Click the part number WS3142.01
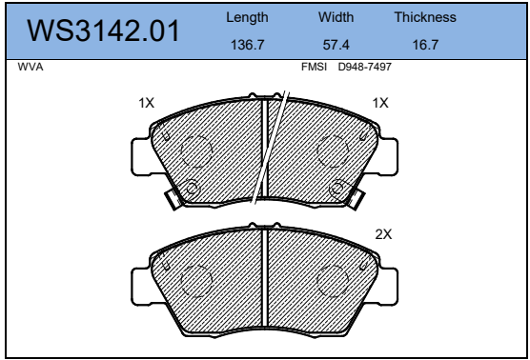(103, 30)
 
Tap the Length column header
(247, 17)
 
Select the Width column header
(336, 17)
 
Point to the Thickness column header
(425, 17)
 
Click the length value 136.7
(247, 45)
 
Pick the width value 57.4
(336, 45)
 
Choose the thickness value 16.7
(425, 45)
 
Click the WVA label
(31, 67)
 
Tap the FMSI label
(314, 67)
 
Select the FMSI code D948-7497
(365, 67)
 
